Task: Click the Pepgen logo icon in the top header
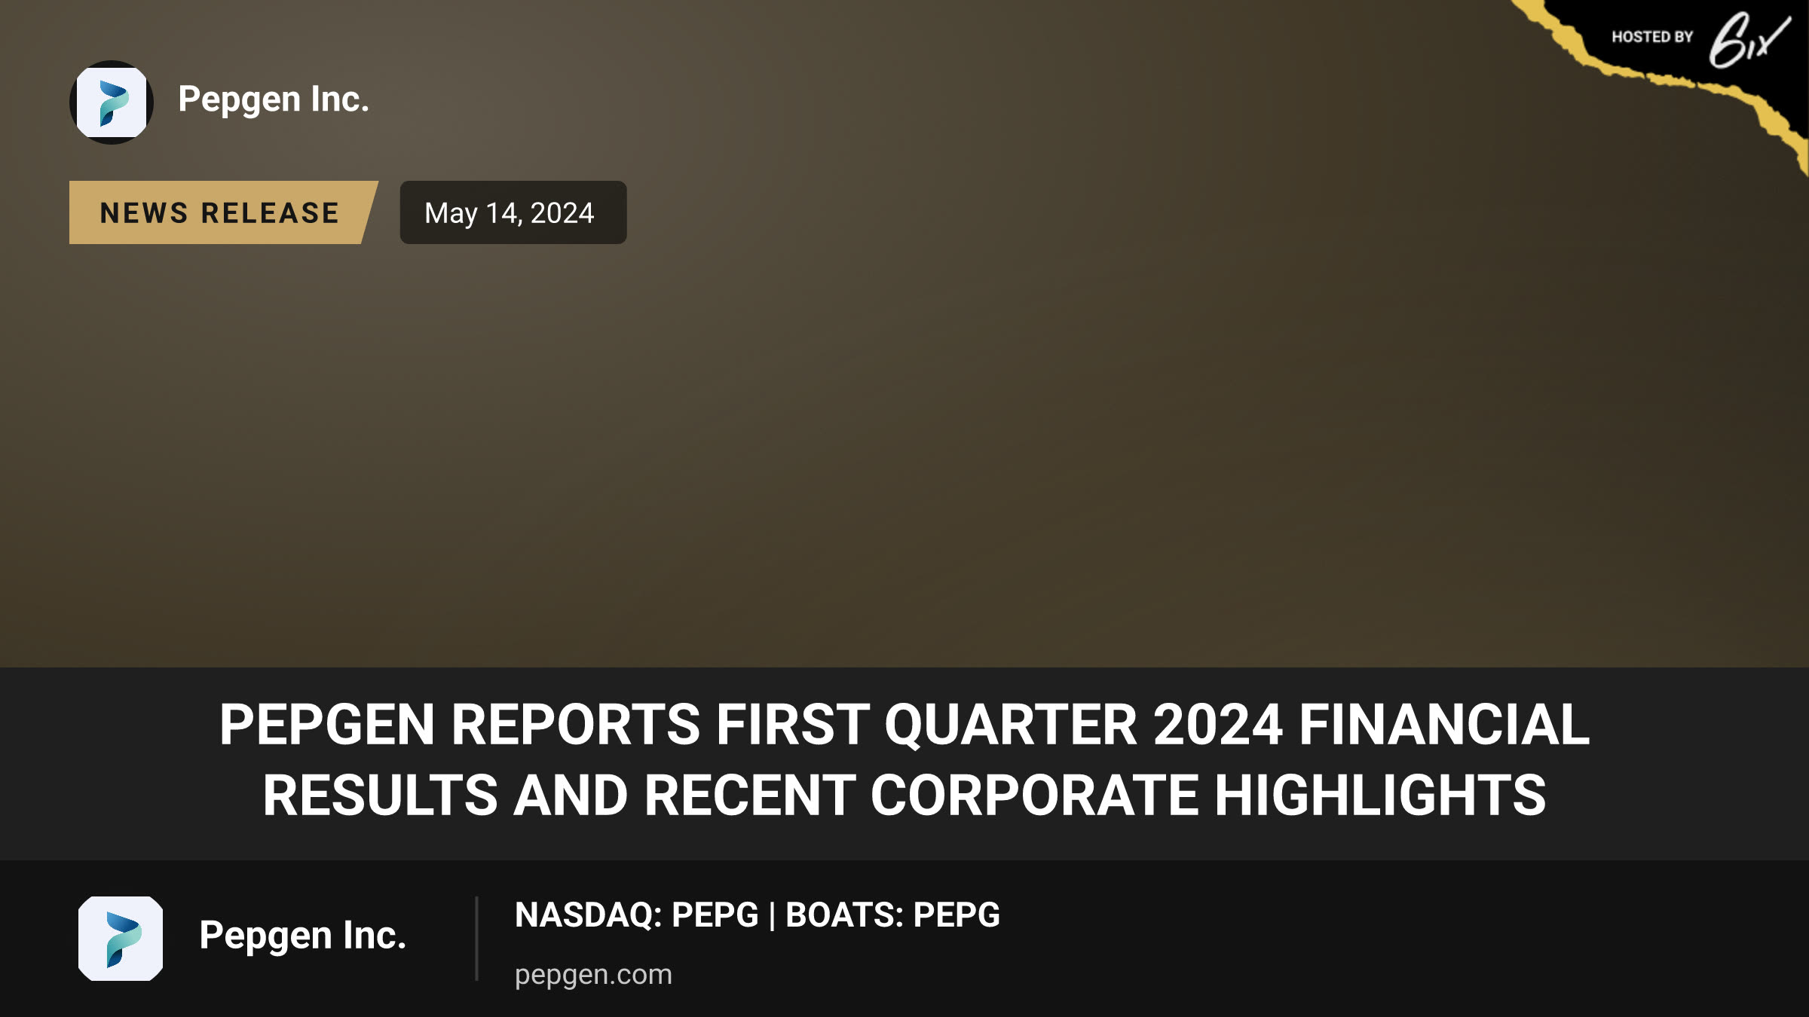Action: (112, 102)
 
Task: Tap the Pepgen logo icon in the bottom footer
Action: (121, 939)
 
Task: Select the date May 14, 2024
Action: (510, 213)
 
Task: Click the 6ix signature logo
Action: (1749, 40)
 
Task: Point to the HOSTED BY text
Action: (1652, 37)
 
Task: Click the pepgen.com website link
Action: (593, 975)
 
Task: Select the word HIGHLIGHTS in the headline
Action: (1380, 796)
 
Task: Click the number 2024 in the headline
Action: (1218, 725)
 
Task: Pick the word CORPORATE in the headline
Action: (1034, 796)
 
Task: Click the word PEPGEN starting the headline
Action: (327, 725)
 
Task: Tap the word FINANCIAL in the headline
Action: (1444, 725)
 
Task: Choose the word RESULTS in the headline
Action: (380, 796)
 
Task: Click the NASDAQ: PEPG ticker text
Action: (636, 915)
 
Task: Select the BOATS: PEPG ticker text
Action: (892, 915)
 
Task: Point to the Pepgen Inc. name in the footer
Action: (303, 936)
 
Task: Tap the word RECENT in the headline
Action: (749, 796)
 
